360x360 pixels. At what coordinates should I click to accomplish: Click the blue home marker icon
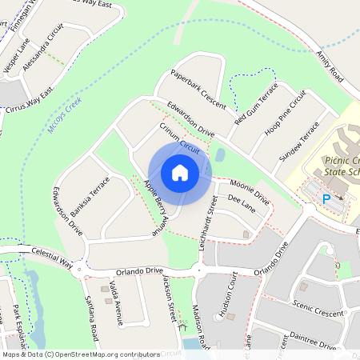click(180, 173)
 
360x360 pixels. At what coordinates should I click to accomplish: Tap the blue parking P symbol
click(326, 198)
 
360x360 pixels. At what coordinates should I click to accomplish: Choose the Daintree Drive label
click(308, 340)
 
